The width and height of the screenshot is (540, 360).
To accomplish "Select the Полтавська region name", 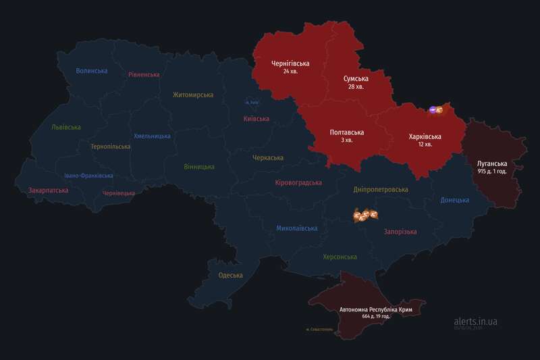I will [347, 132].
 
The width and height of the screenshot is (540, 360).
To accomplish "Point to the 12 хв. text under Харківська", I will [425, 145].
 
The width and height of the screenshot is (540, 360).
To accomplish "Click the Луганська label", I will [500, 164].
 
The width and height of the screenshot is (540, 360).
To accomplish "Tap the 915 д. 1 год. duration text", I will [500, 173].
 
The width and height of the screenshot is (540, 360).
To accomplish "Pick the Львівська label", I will [66, 127].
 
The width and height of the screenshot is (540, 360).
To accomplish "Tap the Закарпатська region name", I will [48, 190].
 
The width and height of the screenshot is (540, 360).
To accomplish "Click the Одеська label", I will [231, 275].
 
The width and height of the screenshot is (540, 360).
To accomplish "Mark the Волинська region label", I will [92, 70].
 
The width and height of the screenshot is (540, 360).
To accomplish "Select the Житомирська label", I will [192, 95].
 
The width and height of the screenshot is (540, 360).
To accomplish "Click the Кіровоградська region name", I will [298, 182].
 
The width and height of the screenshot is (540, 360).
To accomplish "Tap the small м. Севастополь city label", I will [319, 330].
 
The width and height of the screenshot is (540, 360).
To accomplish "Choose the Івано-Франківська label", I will [88, 176].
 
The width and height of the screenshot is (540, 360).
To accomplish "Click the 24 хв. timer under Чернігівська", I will [290, 71].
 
